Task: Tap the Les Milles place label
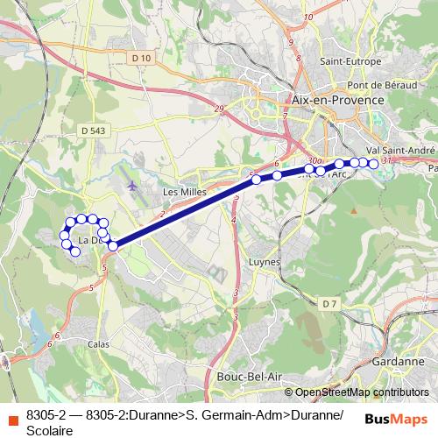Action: [182, 190]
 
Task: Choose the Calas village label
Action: [98, 344]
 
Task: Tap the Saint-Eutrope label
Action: [350, 62]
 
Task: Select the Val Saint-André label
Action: [400, 151]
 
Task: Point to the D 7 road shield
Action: [329, 304]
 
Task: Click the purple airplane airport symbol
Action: [132, 186]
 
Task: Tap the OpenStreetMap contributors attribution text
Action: [362, 392]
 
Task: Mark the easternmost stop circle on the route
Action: [374, 163]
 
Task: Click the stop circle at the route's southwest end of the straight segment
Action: [113, 246]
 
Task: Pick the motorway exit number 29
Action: [217, 109]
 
